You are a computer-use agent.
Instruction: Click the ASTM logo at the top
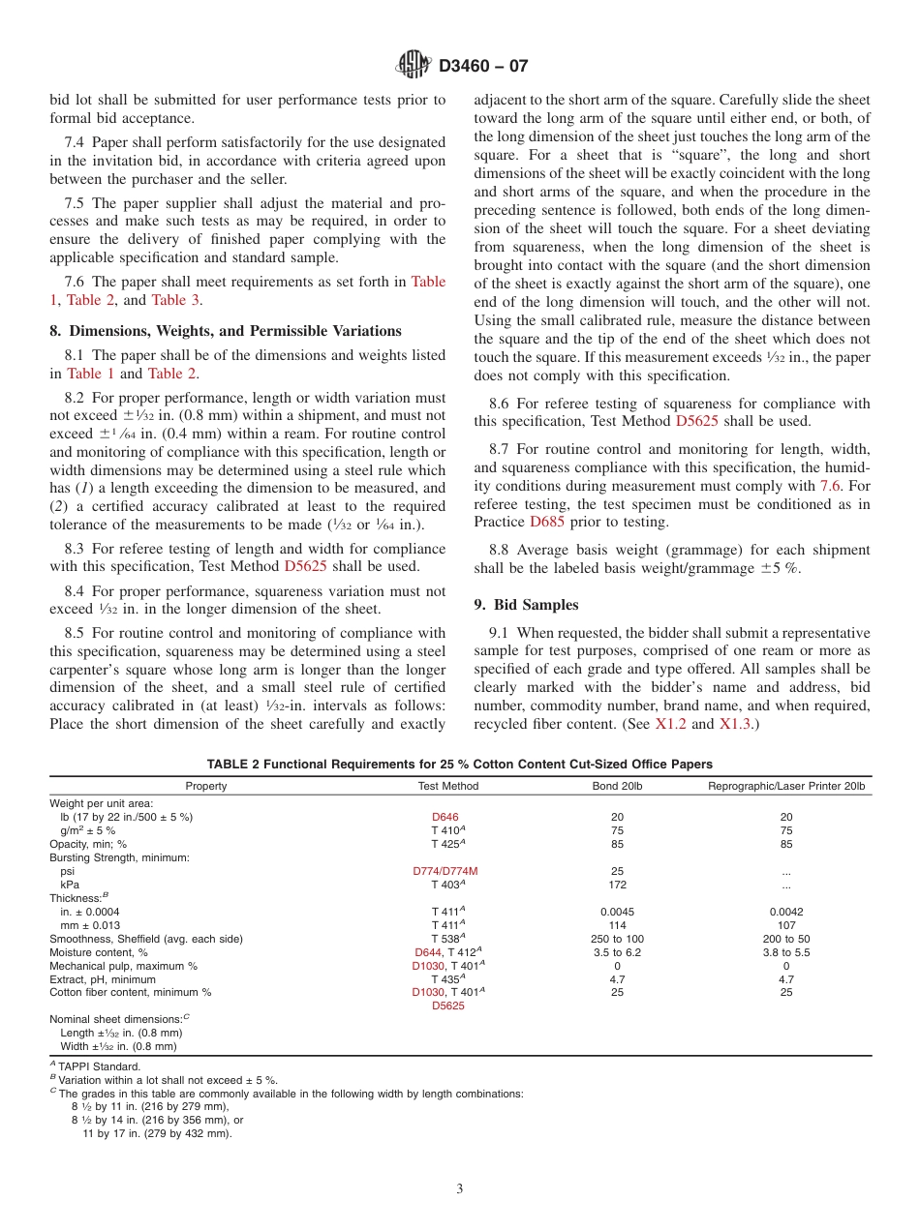[x=414, y=66]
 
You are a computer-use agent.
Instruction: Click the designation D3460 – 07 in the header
[x=483, y=67]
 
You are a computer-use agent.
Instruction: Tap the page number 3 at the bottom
[x=460, y=1189]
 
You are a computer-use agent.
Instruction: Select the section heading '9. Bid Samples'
[x=526, y=605]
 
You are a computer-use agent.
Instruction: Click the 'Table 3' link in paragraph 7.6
[x=175, y=300]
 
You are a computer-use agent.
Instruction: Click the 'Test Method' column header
[x=447, y=786]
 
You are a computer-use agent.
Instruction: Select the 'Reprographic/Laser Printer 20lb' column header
[x=786, y=786]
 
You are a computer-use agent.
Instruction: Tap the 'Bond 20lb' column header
[x=617, y=786]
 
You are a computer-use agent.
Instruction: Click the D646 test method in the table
[x=445, y=817]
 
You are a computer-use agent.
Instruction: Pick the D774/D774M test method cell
[x=445, y=871]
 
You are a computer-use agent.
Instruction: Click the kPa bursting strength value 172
[x=617, y=885]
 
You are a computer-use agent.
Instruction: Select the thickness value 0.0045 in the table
[x=617, y=912]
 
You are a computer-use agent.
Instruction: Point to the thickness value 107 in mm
[x=786, y=925]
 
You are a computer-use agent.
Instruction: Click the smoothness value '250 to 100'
[x=617, y=939]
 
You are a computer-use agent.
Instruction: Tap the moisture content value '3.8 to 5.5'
[x=786, y=952]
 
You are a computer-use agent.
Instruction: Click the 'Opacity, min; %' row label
[x=88, y=844]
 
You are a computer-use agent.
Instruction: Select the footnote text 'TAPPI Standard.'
[x=99, y=1066]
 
